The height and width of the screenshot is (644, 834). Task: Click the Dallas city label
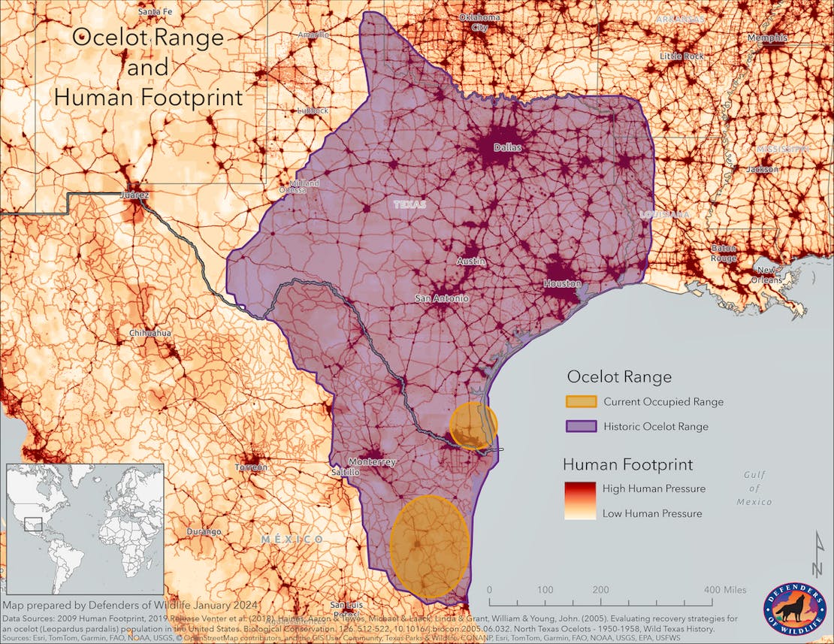point(507,148)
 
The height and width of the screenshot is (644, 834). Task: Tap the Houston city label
point(563,284)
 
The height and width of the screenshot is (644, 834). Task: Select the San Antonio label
point(442,298)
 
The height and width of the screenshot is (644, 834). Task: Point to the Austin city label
point(471,262)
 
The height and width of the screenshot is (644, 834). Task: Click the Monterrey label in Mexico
point(372,462)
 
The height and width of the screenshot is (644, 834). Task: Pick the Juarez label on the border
point(134,195)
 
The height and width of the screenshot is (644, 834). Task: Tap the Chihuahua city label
point(150,333)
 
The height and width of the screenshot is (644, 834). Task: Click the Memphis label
point(766,38)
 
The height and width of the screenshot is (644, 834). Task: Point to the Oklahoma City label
point(479,22)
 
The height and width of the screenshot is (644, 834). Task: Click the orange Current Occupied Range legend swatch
point(581,402)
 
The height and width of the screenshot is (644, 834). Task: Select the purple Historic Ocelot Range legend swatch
point(581,426)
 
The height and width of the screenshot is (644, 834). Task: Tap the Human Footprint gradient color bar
point(581,500)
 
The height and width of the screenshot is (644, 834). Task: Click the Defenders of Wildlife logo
point(794,607)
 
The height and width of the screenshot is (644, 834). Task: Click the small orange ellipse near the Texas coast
point(473,425)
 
